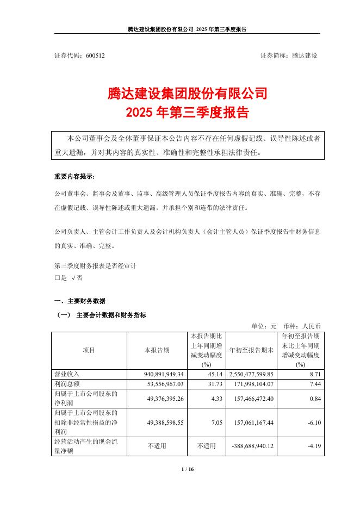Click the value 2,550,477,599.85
pos(251,375)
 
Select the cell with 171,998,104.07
pos(253,384)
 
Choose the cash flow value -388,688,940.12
pos(252,446)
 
